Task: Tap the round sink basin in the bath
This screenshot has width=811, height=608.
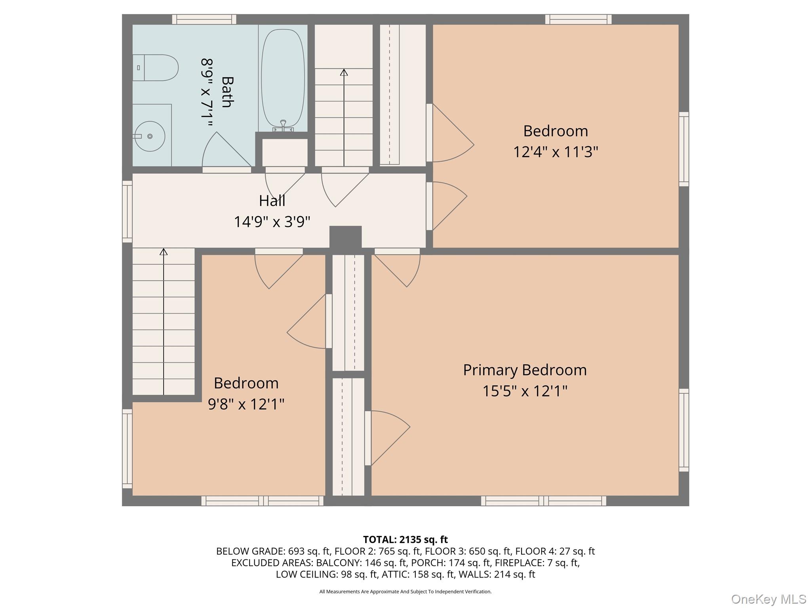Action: pyautogui.click(x=150, y=136)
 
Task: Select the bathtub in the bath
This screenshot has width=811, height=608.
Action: pyautogui.click(x=283, y=78)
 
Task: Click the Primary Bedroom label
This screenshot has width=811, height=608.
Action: pyautogui.click(x=525, y=370)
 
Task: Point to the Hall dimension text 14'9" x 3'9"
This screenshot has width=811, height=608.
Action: pyautogui.click(x=272, y=222)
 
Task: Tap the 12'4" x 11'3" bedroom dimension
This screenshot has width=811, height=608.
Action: pyautogui.click(x=556, y=152)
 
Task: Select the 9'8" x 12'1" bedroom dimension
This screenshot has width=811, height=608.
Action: pyautogui.click(x=246, y=404)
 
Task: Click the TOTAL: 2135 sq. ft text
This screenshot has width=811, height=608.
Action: pyautogui.click(x=405, y=540)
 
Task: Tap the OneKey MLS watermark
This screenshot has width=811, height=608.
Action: pyautogui.click(x=769, y=599)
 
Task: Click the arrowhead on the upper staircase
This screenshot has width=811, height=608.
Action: pyautogui.click(x=344, y=72)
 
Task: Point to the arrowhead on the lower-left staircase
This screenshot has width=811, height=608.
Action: pyautogui.click(x=164, y=251)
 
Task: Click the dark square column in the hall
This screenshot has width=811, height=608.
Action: pyautogui.click(x=345, y=237)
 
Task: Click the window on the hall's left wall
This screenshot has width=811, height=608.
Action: pyautogui.click(x=127, y=211)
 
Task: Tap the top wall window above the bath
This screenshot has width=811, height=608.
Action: pyautogui.click(x=204, y=19)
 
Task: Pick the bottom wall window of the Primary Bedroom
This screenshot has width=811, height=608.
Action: pyautogui.click(x=543, y=501)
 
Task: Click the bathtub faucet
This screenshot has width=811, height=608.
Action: pyautogui.click(x=283, y=125)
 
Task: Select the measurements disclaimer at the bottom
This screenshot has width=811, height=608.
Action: pyautogui.click(x=405, y=591)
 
